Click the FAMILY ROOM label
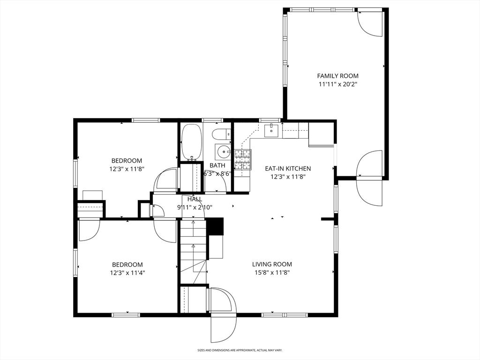pos(337,76)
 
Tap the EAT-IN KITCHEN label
pos(288,169)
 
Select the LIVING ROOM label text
pos(272,264)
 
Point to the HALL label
pos(195,199)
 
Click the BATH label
pos(217,165)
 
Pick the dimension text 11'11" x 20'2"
pos(337,84)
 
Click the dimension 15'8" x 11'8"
pos(272,272)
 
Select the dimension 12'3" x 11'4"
pos(127,272)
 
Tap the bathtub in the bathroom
pos(191,142)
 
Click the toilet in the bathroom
pos(221,135)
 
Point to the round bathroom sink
pos(223,151)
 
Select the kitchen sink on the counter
pos(271,131)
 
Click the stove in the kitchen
pos(243,159)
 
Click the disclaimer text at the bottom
pos(240,350)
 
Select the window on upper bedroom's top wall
pos(146,120)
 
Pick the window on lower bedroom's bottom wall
pos(126,315)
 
